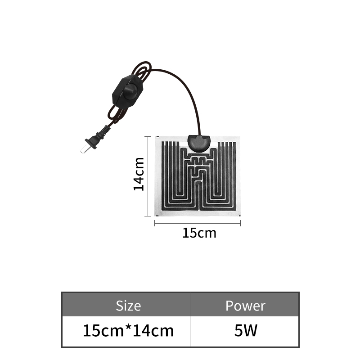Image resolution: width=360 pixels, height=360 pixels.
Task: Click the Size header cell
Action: tap(128, 306)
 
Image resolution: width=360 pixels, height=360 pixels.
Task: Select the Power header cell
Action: tap(245, 306)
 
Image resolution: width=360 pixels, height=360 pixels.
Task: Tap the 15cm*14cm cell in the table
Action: tap(128, 331)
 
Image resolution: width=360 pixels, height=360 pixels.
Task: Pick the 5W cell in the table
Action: tap(245, 331)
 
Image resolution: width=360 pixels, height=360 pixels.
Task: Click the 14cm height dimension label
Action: tap(139, 174)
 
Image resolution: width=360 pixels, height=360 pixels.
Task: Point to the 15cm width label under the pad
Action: tap(199, 233)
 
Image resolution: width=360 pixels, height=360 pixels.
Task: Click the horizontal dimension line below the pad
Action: tap(198, 223)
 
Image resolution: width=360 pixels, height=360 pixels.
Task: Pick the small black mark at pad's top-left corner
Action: tap(157, 137)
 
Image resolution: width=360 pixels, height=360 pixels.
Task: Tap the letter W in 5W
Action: tap(251, 331)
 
